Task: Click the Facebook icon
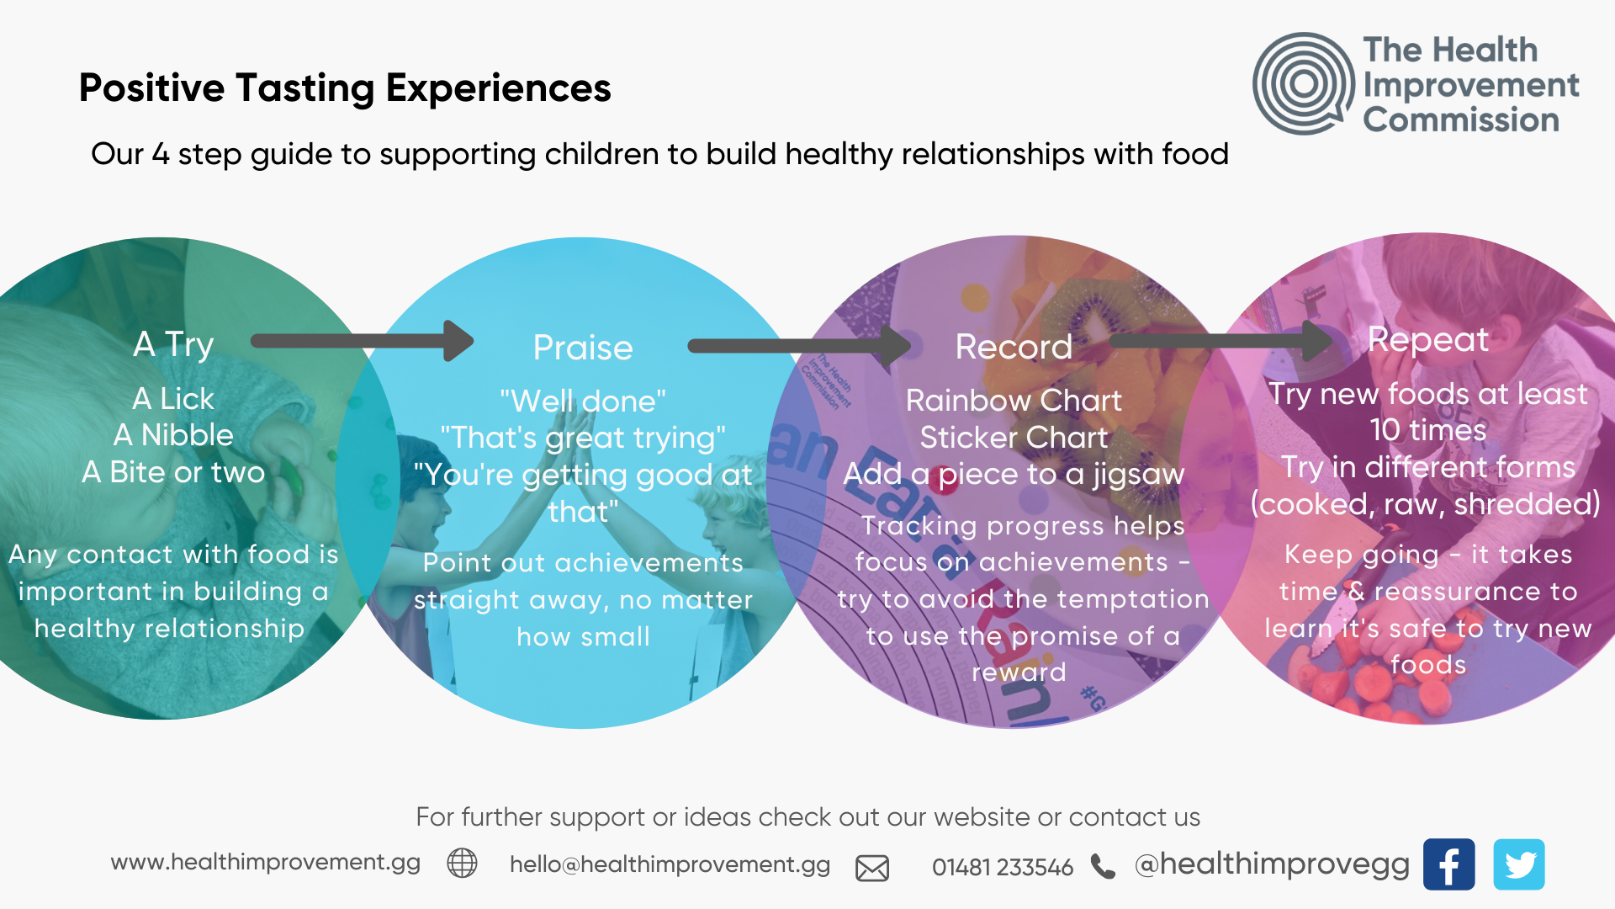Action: point(1448,864)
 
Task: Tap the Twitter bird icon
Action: point(1519,864)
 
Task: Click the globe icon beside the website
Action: point(462,863)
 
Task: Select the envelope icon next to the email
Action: point(872,868)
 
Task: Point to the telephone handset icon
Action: point(1103,866)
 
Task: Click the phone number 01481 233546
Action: point(1003,867)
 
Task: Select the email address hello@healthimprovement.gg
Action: point(670,865)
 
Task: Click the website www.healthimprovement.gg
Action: point(266,863)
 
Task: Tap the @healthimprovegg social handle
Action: point(1272,864)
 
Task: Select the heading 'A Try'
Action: point(173,345)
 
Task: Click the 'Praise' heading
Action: point(583,348)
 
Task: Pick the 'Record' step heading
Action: point(1014,347)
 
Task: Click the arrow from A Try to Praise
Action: point(363,341)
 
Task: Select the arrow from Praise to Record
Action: point(799,346)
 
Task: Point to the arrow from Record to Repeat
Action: point(1221,341)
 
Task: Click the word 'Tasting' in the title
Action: point(305,89)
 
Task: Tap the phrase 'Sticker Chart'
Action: point(1014,438)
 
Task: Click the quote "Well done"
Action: point(583,401)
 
